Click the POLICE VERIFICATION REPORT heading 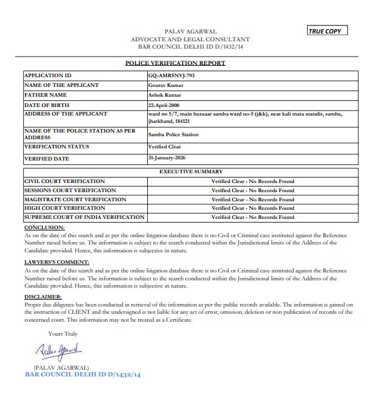[175, 63]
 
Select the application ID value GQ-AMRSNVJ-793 [169, 76]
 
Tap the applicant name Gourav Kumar [165, 86]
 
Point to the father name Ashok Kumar [164, 95]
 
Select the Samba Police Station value [173, 134]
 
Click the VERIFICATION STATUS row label [57, 147]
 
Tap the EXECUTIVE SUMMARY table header [190, 172]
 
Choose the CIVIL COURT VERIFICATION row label [64, 181]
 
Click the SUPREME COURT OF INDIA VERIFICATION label [84, 217]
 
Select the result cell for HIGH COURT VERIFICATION [252, 208]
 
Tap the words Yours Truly [63, 333]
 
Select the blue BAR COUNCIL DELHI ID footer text [83, 375]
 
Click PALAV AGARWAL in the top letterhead [190, 31]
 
